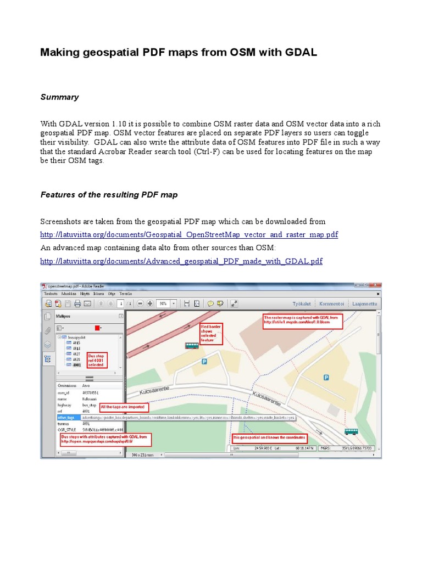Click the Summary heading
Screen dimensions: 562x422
[59, 97]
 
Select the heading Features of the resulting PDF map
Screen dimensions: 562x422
[109, 195]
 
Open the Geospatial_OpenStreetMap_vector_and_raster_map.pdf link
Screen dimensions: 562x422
[190, 234]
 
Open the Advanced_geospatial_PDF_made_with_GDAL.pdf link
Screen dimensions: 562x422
[181, 261]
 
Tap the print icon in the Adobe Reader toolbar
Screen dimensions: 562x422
[77, 304]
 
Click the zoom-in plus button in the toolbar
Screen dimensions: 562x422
[149, 304]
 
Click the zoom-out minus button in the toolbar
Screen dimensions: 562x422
[140, 304]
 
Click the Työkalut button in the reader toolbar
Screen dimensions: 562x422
[301, 304]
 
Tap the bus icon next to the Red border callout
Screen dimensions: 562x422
[191, 346]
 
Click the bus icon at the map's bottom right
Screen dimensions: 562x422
[351, 432]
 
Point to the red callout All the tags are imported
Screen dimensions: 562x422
[121, 407]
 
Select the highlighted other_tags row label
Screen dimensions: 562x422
[66, 417]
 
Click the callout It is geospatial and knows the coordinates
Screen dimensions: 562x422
[269, 438]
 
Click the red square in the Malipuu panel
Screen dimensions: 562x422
[97, 328]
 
